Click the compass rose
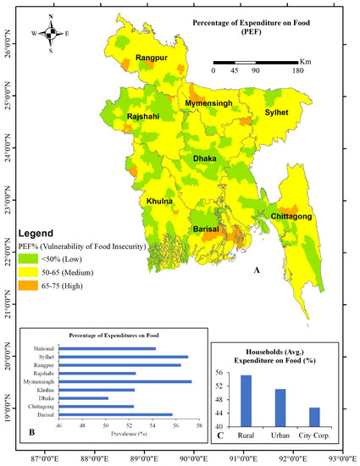pyautogui.click(x=51, y=34)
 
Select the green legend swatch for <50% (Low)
pyautogui.click(x=36, y=260)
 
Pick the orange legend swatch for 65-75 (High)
pyautogui.click(x=36, y=287)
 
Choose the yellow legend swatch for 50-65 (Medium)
pyautogui.click(x=36, y=274)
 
